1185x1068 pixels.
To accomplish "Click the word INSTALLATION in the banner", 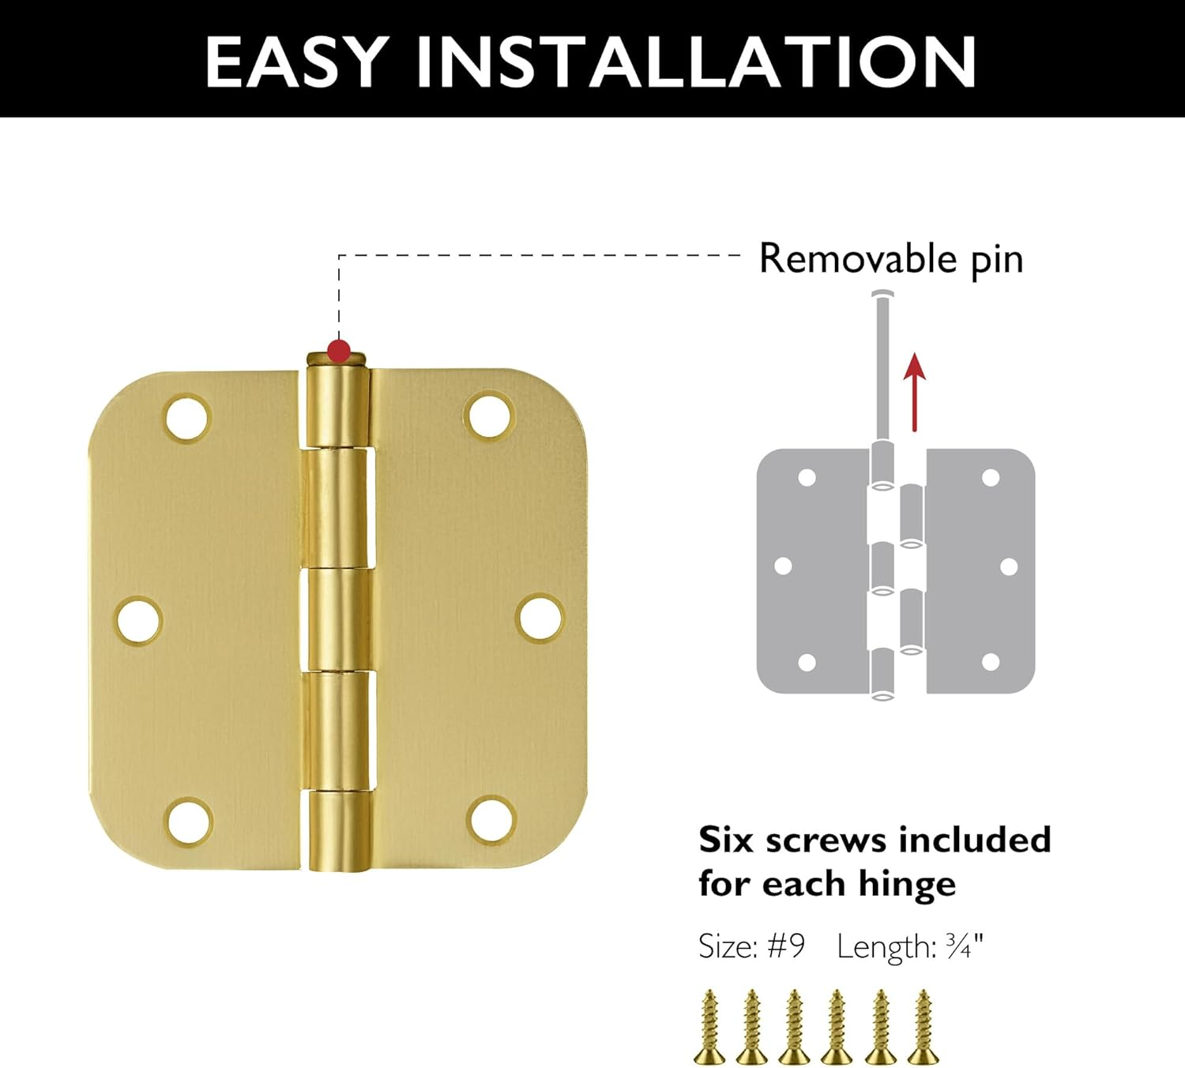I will (x=697, y=62).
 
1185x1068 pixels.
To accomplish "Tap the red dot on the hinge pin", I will (x=339, y=350).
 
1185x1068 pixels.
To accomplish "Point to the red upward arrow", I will (x=914, y=392).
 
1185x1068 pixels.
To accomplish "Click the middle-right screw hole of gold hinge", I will (x=540, y=619).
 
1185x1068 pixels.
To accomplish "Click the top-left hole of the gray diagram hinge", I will (x=807, y=477).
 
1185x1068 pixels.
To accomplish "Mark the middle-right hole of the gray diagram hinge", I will (x=1009, y=566).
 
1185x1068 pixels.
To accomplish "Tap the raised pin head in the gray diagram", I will (x=883, y=296).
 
